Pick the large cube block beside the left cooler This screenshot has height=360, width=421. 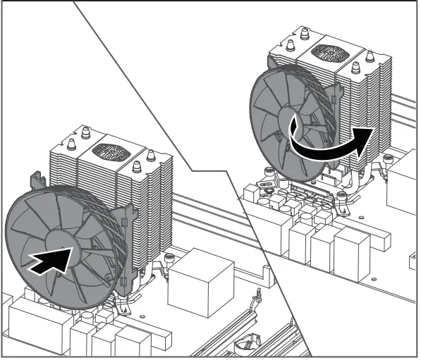(x=200, y=275)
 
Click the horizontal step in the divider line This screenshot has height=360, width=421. (x=212, y=171)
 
